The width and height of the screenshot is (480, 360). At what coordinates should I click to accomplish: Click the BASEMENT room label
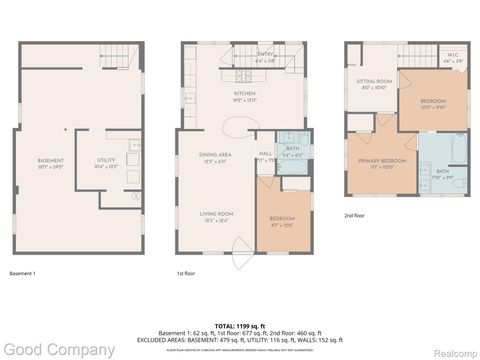(x=51, y=160)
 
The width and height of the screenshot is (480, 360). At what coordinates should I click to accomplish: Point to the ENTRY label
(x=265, y=54)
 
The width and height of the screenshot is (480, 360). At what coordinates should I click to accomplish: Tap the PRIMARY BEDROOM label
(x=382, y=159)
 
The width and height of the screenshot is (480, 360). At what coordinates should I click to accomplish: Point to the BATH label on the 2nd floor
(x=443, y=171)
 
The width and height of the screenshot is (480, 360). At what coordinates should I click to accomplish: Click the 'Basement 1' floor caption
(x=22, y=273)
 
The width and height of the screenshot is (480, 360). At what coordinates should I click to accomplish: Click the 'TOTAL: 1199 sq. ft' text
(x=239, y=327)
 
